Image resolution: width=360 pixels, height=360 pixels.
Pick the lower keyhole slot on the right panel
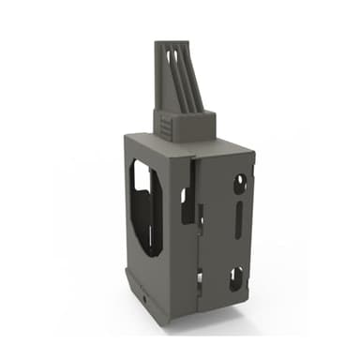point(236,277)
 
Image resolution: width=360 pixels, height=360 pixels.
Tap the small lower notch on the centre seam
point(199,277)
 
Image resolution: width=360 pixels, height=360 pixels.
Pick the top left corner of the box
point(126,135)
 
